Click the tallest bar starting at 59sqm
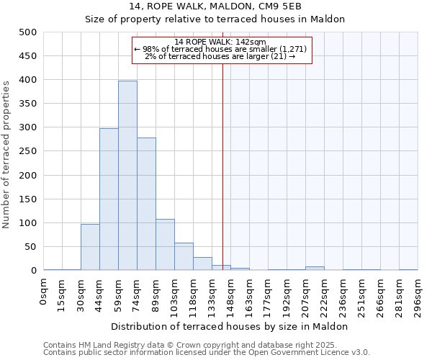(127, 176)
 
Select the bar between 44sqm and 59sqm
(109, 199)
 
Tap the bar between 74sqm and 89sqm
(146, 204)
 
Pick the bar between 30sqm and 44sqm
(90, 247)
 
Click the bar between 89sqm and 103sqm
(165, 245)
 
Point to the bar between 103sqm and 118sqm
(184, 256)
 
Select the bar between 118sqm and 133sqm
(202, 264)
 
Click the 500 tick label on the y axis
(27, 32)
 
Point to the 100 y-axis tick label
(27, 223)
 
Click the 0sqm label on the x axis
(44, 292)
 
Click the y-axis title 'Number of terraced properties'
(7, 154)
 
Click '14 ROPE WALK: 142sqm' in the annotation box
(220, 42)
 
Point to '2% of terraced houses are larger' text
(220, 55)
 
